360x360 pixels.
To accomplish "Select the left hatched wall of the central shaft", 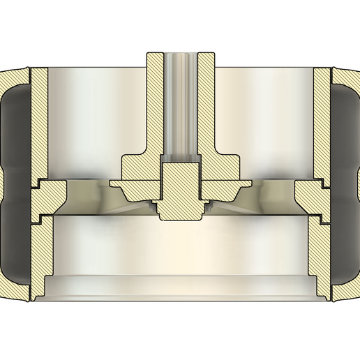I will pos(155,105).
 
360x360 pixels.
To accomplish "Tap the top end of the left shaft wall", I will pos(155,55).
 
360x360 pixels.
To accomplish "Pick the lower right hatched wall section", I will pos(320,251).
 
